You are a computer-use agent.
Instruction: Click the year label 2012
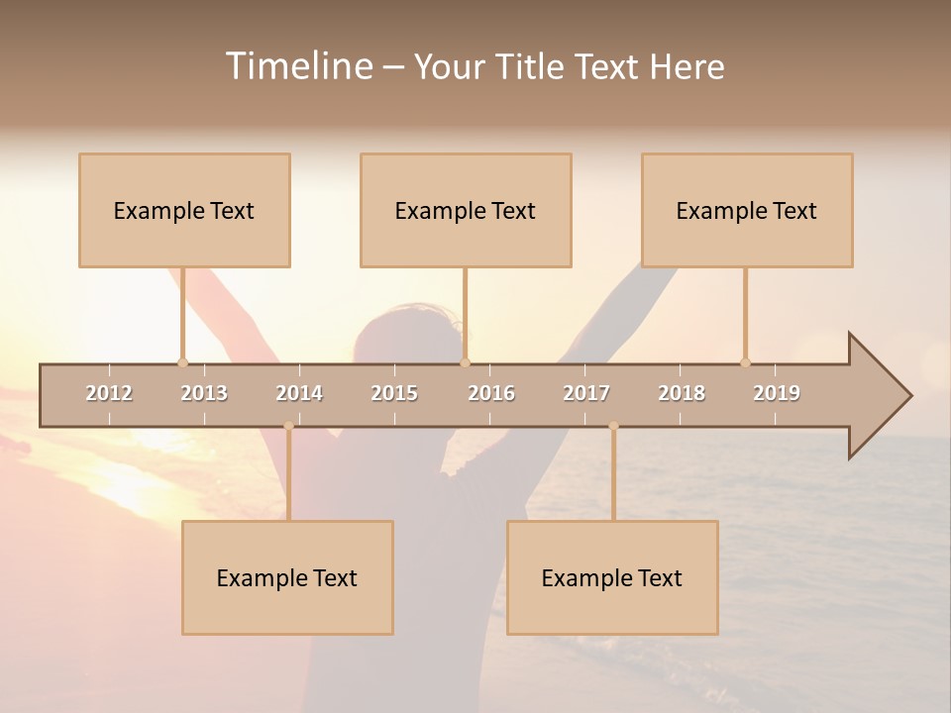109,393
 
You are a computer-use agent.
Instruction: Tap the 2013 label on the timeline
204,393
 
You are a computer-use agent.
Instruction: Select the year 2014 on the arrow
299,393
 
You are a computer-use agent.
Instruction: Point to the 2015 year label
394,393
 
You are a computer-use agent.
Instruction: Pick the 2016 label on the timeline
491,393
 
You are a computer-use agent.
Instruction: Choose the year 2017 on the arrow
586,393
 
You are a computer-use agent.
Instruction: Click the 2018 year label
682,393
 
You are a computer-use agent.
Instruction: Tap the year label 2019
777,393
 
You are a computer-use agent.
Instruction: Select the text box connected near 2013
184,210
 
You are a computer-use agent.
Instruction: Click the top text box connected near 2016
466,210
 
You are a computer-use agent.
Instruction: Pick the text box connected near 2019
747,210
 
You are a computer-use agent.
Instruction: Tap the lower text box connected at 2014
287,577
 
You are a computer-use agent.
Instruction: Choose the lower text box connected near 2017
612,577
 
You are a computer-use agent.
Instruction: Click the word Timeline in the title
298,66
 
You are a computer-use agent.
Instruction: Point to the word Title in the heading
530,66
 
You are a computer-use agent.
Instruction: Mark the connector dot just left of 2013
182,362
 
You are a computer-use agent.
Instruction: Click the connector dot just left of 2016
465,362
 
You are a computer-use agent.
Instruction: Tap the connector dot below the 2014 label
288,426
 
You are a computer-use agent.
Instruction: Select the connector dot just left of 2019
745,362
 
